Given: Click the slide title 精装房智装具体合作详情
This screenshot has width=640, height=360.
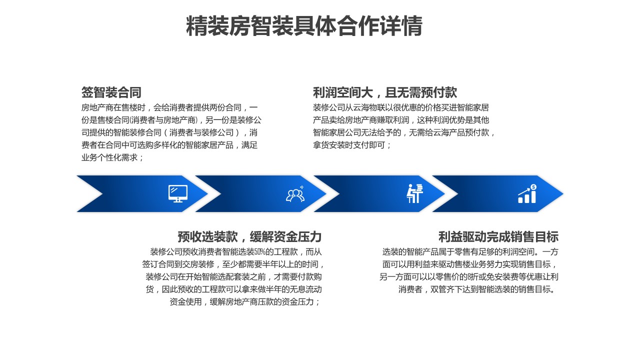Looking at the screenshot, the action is click(304, 26).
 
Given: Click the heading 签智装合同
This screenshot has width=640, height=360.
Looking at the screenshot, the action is click(111, 92).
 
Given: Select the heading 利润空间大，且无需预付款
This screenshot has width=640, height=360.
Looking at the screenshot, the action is click(384, 92).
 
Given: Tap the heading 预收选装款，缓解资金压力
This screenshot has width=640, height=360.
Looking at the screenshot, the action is click(249, 236).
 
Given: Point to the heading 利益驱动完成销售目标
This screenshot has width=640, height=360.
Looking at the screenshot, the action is click(498, 236).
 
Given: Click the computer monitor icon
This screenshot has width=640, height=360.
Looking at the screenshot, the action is click(178, 193).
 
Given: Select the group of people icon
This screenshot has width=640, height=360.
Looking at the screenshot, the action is click(295, 194).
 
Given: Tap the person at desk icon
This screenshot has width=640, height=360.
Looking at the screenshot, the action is click(414, 193).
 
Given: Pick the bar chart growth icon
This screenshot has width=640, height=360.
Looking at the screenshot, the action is click(527, 194).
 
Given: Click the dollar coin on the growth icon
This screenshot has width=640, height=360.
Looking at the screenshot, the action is click(533, 187).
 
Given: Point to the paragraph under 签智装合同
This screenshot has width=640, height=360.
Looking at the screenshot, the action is click(171, 132).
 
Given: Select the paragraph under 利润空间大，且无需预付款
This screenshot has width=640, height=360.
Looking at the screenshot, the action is click(404, 126).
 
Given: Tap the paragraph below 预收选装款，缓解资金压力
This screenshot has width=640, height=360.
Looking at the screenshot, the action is click(234, 276).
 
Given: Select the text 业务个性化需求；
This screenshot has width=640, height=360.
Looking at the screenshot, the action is click(113, 157).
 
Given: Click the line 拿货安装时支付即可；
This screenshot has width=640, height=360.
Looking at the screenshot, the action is click(352, 145).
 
